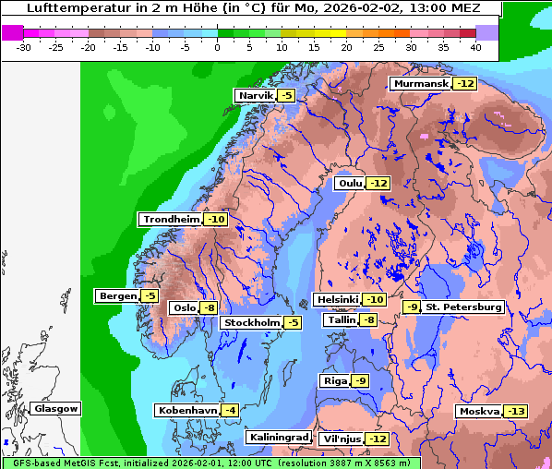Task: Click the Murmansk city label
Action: click(x=421, y=84)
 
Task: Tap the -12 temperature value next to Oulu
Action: click(x=378, y=184)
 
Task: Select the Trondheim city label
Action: click(x=171, y=220)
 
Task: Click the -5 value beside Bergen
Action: click(x=150, y=296)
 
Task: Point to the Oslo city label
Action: click(x=185, y=308)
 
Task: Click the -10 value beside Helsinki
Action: click(x=375, y=300)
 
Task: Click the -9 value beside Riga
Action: click(x=360, y=381)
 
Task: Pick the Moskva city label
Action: click(x=479, y=412)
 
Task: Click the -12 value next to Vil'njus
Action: click(x=377, y=439)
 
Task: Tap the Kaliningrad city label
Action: click(x=278, y=437)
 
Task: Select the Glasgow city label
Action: click(x=56, y=409)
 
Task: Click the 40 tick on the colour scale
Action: click(x=474, y=47)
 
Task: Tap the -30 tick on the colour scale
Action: click(x=24, y=47)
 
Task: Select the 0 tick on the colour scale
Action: click(x=217, y=47)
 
